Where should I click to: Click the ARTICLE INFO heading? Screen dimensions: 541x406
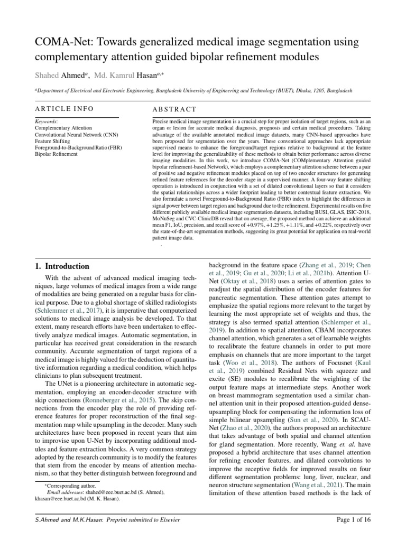click(64, 109)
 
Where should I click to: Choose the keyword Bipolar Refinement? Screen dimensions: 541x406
click(56, 154)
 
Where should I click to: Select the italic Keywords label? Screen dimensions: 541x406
click(46, 122)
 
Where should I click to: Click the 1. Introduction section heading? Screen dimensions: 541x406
click(62, 266)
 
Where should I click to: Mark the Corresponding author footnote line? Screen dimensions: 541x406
click(67, 485)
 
